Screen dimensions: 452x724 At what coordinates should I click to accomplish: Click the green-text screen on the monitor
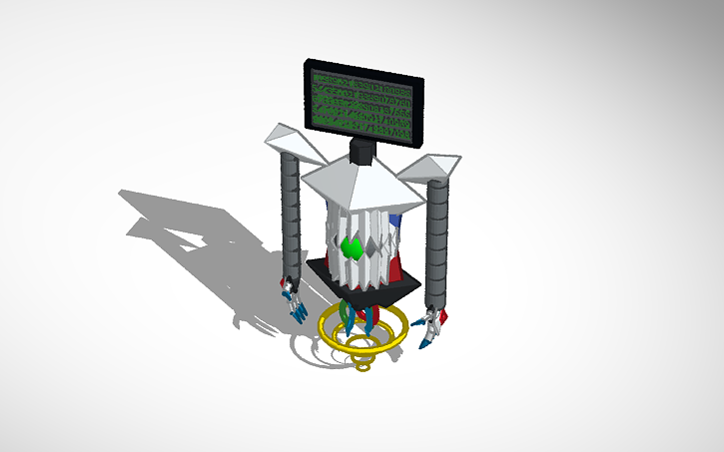coord(362,104)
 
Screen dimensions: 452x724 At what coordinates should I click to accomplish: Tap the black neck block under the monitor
coord(362,153)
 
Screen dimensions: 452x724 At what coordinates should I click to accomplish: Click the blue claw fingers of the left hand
coord(298,310)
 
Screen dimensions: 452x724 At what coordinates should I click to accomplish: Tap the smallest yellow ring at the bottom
coord(363,366)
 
